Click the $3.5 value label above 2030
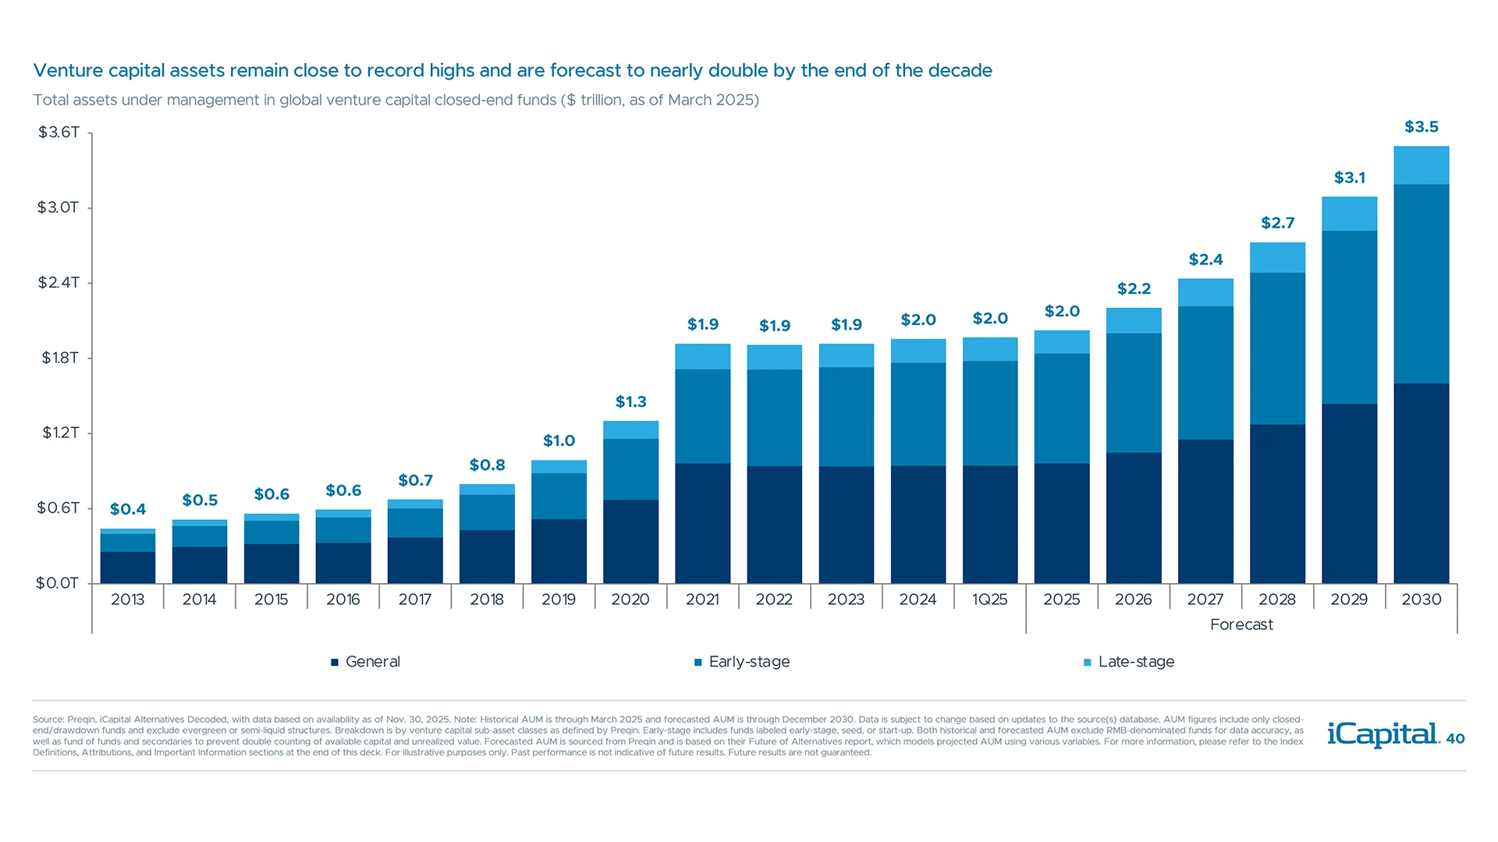(1421, 127)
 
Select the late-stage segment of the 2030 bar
(1421, 165)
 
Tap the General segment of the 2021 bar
(702, 523)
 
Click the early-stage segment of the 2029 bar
(1349, 317)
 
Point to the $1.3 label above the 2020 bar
(630, 402)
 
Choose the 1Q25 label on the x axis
(989, 600)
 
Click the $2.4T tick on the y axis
(59, 282)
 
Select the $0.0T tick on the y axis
(57, 583)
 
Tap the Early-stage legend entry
(748, 662)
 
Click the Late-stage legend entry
(1135, 662)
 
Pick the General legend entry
(371, 662)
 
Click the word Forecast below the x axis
(1241, 624)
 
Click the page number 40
(1455, 738)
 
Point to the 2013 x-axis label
(127, 600)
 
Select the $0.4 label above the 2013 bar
(128, 510)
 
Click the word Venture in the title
(68, 71)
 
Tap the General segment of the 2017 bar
(415, 560)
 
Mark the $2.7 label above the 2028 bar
(1277, 224)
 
